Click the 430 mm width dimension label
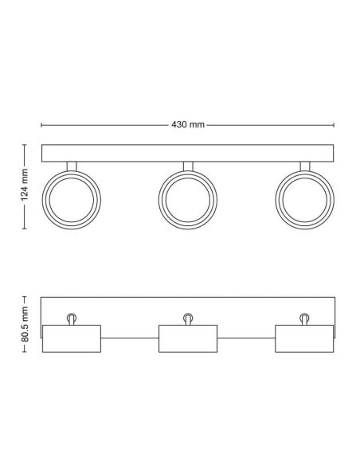click(187, 125)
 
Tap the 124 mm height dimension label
click(25, 186)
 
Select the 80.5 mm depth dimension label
click(25, 326)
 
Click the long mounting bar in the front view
click(187, 153)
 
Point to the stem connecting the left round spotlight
click(71, 166)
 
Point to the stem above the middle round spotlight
click(187, 166)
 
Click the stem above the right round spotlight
click(304, 166)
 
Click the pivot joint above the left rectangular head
click(71, 318)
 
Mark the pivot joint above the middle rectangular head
click(187, 318)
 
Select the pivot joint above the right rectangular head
click(304, 318)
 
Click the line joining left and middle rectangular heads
click(129, 340)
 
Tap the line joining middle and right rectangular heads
click(245, 340)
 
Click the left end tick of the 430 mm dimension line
click(41, 125)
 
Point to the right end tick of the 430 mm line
click(334, 125)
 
